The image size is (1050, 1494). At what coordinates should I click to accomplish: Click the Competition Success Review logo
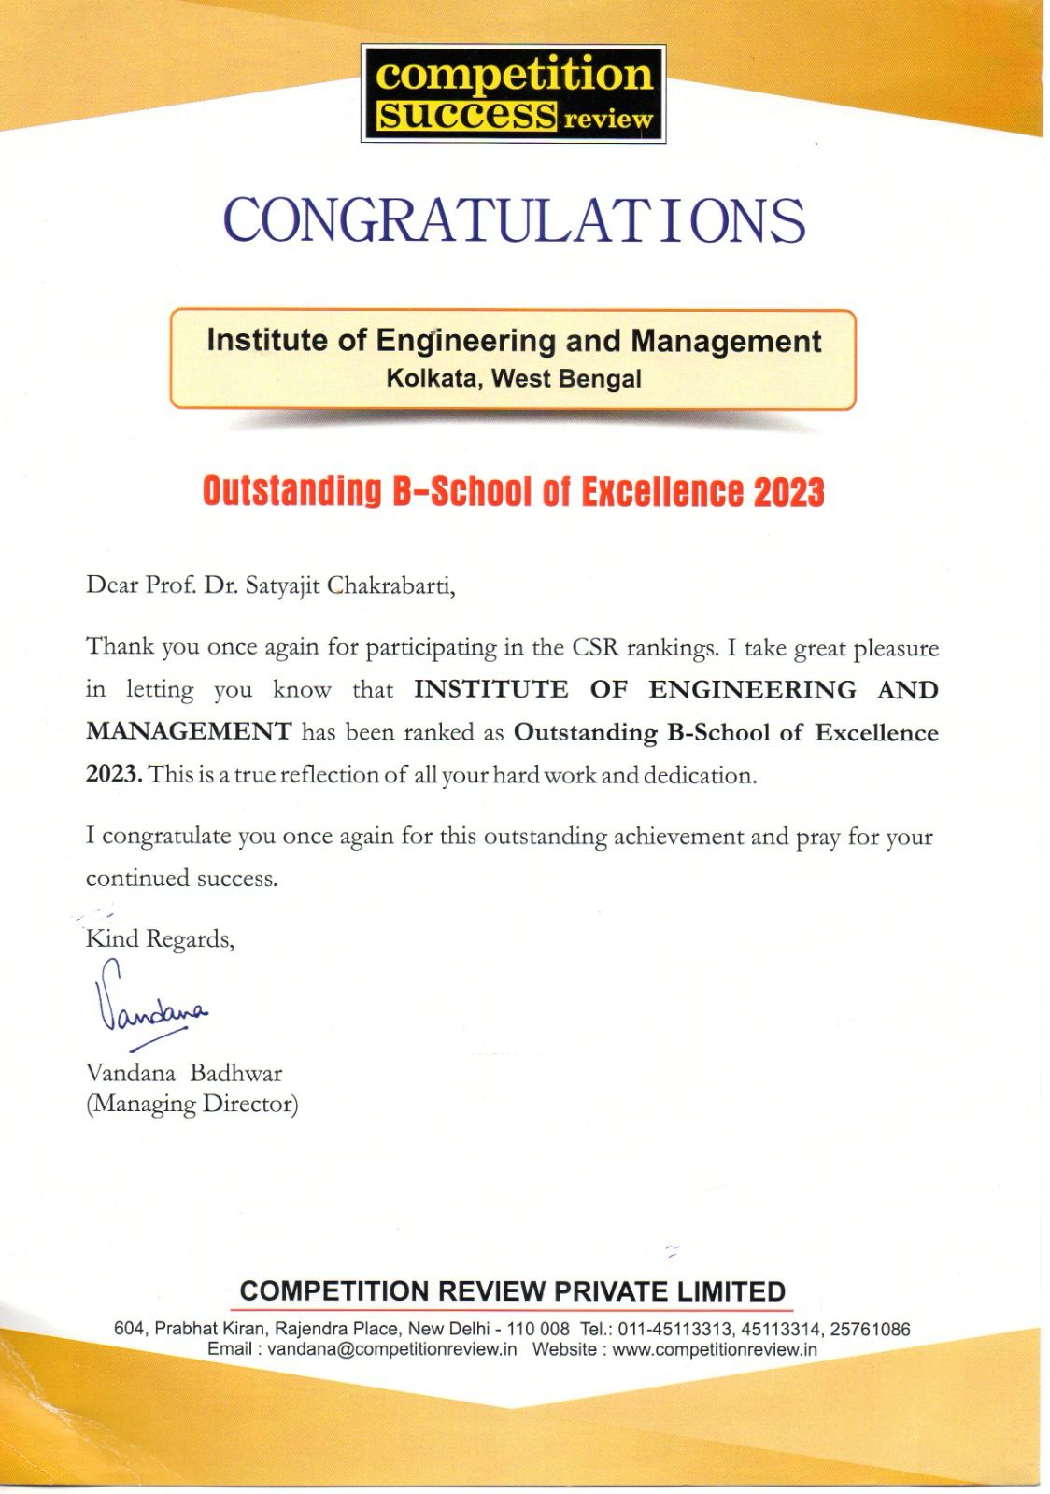point(513,93)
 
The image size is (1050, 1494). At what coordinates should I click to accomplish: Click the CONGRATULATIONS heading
point(514,220)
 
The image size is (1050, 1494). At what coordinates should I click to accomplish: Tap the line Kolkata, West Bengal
point(514,379)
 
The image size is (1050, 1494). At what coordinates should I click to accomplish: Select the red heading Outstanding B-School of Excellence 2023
point(514,491)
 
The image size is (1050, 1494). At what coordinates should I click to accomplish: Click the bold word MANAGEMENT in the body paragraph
point(189,732)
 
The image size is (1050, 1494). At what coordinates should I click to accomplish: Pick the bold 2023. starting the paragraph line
point(114,775)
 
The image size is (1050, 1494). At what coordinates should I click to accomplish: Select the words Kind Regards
point(160,938)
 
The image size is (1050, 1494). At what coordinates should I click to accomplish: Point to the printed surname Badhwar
point(235,1073)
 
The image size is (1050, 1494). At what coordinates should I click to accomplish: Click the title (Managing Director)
point(192,1104)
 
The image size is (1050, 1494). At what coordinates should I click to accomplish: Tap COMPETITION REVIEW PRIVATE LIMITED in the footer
point(512,1291)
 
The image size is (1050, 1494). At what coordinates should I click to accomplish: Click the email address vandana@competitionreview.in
point(391,1349)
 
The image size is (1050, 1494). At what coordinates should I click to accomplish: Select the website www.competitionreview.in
point(715,1349)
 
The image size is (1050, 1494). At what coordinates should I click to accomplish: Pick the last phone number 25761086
point(869,1329)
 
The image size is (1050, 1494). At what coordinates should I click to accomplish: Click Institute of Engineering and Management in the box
point(514,341)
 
